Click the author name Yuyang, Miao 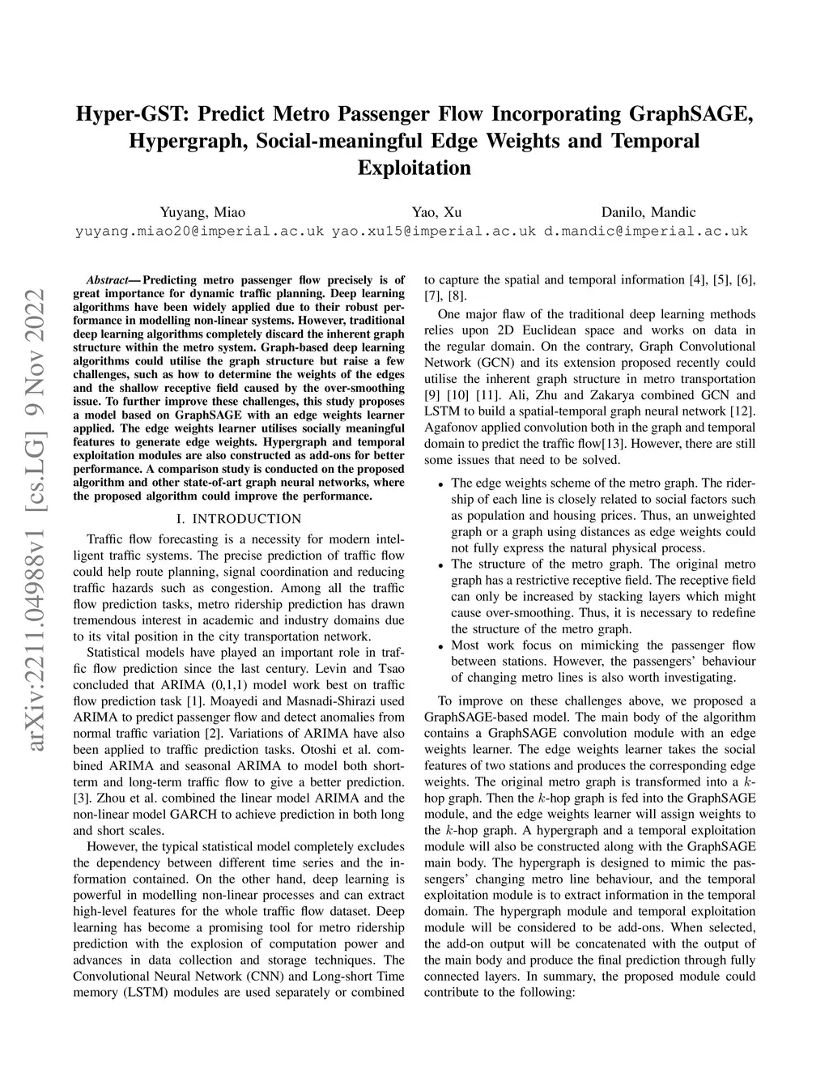tap(202, 212)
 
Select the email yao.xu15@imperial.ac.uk tap(434, 231)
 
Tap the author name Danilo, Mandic tap(648, 212)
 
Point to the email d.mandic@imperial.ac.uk tap(645, 231)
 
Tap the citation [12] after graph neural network tap(744, 411)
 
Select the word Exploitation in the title tap(414, 168)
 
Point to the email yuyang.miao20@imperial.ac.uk tap(199, 231)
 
